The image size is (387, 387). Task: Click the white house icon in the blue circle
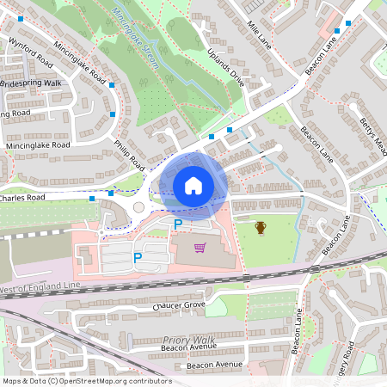[x=193, y=185]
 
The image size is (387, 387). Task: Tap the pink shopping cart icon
[x=200, y=248]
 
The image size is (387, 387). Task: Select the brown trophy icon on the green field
[x=261, y=227]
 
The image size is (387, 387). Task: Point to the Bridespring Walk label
[x=33, y=83]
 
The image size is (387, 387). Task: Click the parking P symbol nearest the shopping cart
[x=178, y=224]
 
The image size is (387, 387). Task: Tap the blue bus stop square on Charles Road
[x=92, y=200]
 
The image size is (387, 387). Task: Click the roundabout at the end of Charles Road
[x=138, y=207]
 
